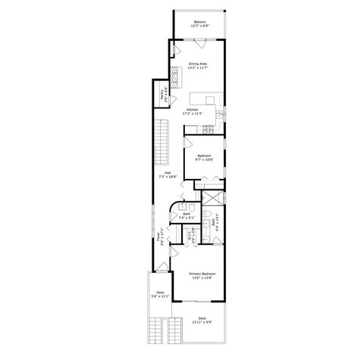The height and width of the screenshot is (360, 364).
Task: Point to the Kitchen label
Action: (x=193, y=111)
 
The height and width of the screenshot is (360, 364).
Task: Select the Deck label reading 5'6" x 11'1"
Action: (x=160, y=294)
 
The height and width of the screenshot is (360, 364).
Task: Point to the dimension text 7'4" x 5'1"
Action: (x=187, y=218)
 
